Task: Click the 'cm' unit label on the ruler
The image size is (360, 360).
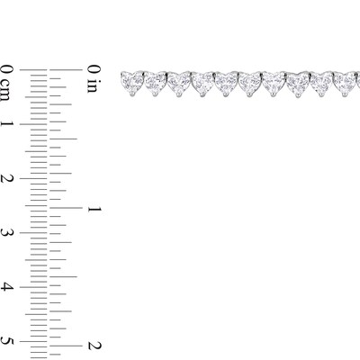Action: (7, 89)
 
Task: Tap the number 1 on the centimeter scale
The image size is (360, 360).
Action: (7, 124)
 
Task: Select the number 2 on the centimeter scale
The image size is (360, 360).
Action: (7, 178)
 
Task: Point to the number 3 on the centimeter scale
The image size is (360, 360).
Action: (7, 233)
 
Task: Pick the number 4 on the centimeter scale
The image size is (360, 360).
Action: (7, 287)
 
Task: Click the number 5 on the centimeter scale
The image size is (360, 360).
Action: (7, 341)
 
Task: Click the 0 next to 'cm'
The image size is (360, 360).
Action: (7, 69)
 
